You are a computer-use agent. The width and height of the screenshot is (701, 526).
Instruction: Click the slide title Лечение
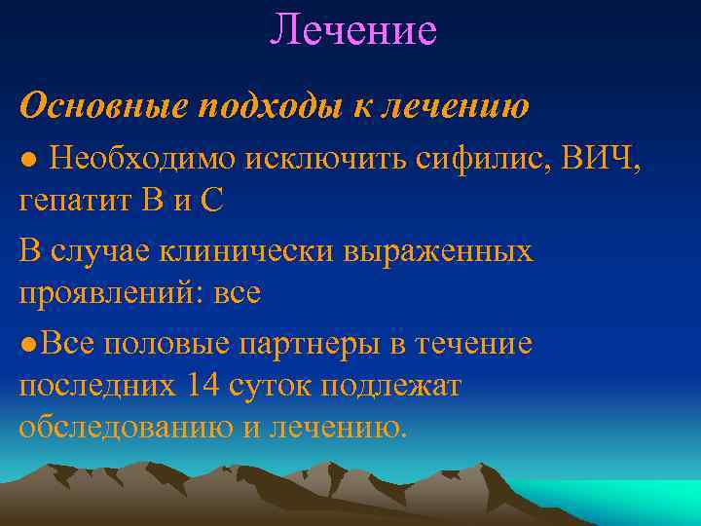pos(352,31)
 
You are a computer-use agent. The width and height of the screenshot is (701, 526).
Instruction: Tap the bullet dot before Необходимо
pos(28,159)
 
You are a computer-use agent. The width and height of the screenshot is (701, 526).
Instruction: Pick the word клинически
pos(255,250)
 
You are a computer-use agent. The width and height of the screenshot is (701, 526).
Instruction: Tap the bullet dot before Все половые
pos(28,344)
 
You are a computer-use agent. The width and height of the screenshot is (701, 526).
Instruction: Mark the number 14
pos(203,385)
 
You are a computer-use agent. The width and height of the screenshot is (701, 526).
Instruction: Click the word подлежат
pos(398,387)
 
